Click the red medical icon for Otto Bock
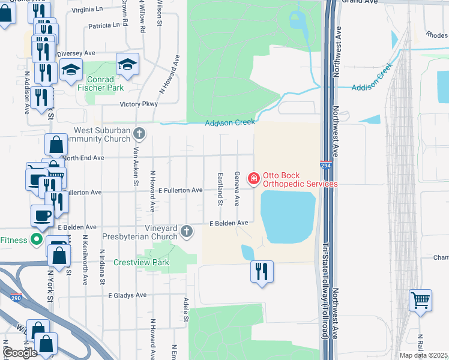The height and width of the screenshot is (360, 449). [x=253, y=179]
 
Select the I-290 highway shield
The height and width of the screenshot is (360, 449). [x=16, y=297]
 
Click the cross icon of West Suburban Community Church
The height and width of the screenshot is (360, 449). [x=139, y=133]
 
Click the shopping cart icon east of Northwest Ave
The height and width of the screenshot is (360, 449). [x=420, y=299]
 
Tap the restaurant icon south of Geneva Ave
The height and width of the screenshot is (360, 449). [x=262, y=271]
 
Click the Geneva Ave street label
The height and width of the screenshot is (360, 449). [x=237, y=187]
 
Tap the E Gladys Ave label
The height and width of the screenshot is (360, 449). [x=127, y=295]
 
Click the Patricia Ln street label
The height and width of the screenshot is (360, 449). [x=104, y=26]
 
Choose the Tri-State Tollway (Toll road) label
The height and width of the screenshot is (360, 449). [x=325, y=290]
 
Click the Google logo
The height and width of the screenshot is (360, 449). [x=20, y=353]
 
